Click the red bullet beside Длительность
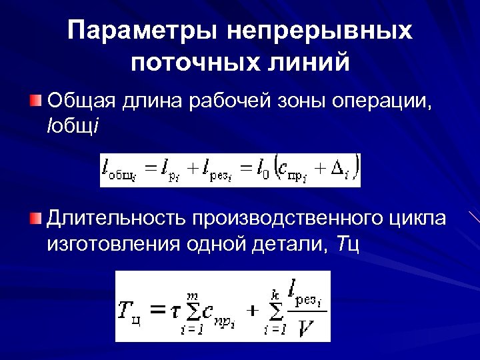pyautogui.click(x=35, y=217)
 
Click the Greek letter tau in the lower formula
pyautogui.click(x=175, y=311)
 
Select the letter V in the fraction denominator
pyautogui.click(x=307, y=327)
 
